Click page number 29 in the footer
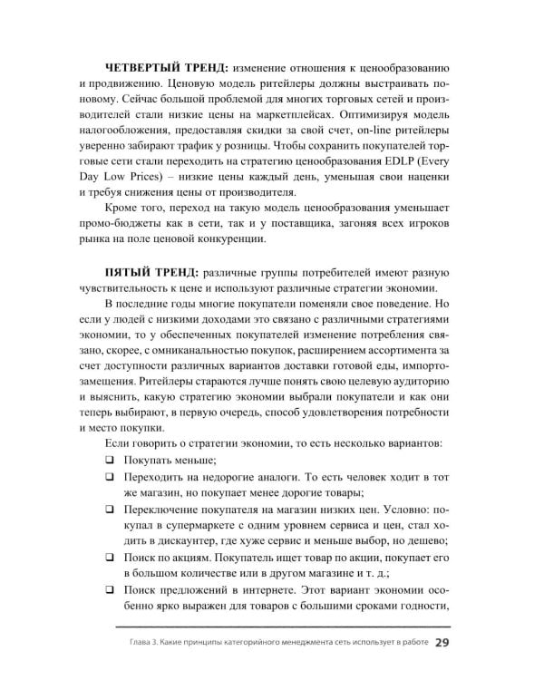442,644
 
